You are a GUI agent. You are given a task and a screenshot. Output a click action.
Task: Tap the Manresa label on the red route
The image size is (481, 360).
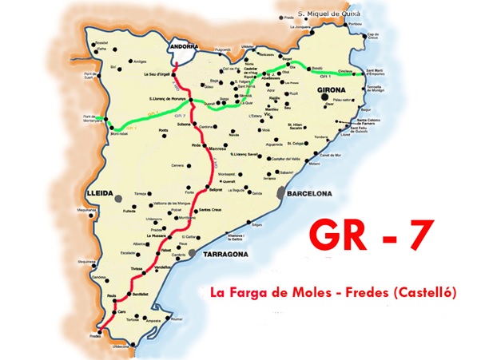pyautogui.click(x=219, y=148)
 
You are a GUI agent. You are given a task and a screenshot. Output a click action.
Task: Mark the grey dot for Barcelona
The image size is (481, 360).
pyautogui.click(x=280, y=192)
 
